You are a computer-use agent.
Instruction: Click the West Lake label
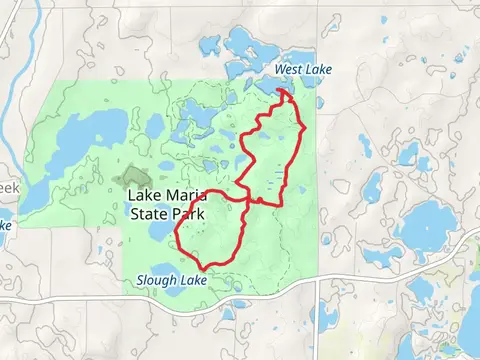[x=302, y=69]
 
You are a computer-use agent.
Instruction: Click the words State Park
[x=166, y=213]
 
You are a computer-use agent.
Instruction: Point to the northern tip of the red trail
[x=283, y=92]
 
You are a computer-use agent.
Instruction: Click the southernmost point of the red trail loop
[x=205, y=267]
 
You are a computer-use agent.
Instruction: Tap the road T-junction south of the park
[x=317, y=280]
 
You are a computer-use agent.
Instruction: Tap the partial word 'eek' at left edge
[x=8, y=187]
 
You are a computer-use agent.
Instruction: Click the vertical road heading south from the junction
[x=317, y=320]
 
